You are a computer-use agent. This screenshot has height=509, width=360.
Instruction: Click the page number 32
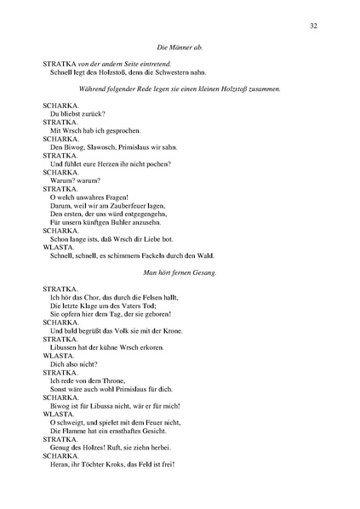point(314,26)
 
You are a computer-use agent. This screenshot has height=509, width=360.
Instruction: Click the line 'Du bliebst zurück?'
point(77,113)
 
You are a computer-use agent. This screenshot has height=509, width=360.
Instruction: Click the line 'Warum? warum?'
point(75,180)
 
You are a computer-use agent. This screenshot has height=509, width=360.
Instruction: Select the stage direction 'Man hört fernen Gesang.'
point(180,272)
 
